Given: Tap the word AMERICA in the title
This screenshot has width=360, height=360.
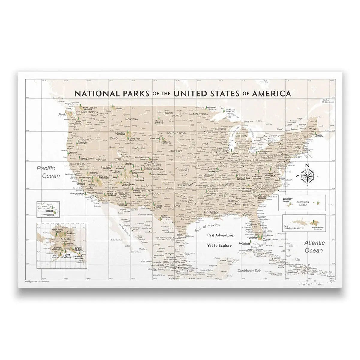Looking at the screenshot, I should (x=272, y=93).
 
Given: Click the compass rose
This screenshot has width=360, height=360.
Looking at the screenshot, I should (x=307, y=175).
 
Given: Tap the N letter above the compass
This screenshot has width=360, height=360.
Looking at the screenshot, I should (x=307, y=165).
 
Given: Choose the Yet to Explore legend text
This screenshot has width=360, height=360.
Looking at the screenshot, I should (x=219, y=245).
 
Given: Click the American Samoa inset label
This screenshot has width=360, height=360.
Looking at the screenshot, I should (x=302, y=204).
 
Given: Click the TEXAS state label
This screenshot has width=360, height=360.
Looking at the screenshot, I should (x=176, y=206).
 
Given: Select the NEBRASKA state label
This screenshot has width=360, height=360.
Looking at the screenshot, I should (x=175, y=151).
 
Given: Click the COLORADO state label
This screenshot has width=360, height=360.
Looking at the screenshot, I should (x=153, y=165).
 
